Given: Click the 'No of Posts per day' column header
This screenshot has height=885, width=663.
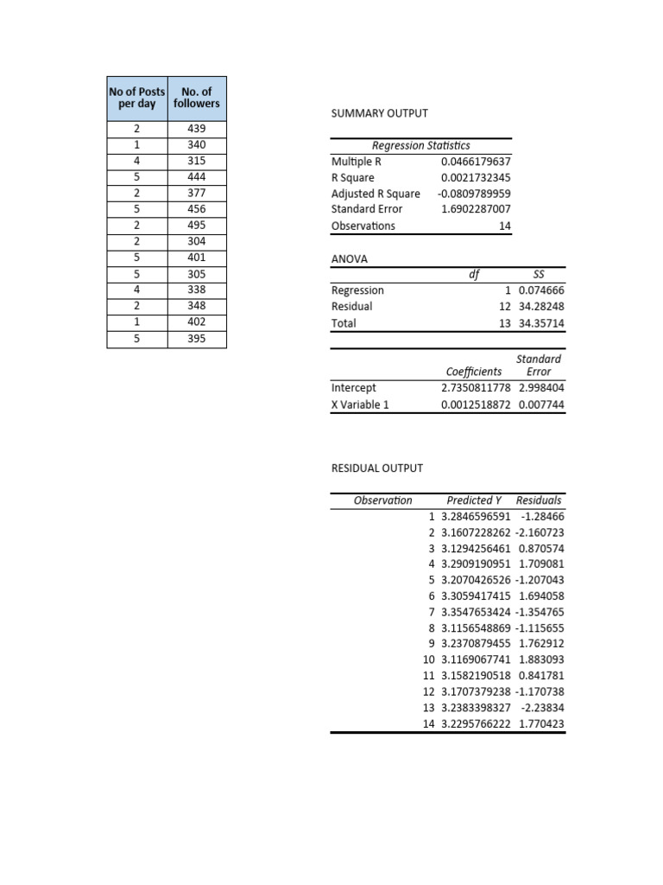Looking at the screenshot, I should pos(136,97).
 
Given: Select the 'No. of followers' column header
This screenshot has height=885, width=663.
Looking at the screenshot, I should pos(196,97).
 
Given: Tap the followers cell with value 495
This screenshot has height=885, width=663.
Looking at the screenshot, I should pos(196,225).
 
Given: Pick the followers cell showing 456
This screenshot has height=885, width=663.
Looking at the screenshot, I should pos(196,209).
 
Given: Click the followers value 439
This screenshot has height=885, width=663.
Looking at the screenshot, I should pos(196,129).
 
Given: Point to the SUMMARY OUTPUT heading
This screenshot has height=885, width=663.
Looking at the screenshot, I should pos(379,113).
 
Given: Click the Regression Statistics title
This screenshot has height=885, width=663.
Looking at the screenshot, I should pos(420,145).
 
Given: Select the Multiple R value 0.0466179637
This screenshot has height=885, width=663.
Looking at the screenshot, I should pos(475,161).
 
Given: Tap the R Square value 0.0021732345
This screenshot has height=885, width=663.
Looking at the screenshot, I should pos(475,177).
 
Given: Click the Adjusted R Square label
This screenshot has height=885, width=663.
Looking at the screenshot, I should pos(376,194).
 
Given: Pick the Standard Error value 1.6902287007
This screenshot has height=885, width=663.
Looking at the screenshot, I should pos(475,209).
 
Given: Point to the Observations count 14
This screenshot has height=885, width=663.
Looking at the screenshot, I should pos(504,226).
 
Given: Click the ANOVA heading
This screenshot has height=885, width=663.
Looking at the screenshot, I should pos(350,258).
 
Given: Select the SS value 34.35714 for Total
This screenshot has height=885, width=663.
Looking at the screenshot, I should pos(542,323).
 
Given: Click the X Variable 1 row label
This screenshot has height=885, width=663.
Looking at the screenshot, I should pos(360,404).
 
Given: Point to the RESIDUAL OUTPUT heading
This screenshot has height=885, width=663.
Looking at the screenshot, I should pos(377,468).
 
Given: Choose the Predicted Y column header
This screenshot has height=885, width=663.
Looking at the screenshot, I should pos(474,500).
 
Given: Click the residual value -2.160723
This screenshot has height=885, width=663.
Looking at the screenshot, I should pos(540,532).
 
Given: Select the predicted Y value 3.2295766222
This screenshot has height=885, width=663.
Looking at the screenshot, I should pos(475,724).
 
